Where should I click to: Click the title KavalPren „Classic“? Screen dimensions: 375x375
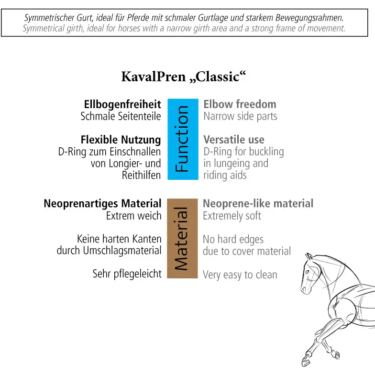184,77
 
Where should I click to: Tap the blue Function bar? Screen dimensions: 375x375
183,139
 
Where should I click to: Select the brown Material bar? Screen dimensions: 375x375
183,238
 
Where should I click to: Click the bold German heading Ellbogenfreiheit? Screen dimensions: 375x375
122,105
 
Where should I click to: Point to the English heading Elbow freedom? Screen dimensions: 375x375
240,104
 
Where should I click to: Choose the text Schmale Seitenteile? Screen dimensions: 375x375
121,117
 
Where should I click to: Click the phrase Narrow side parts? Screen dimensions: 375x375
240,117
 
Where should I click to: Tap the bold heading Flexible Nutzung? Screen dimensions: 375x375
121,140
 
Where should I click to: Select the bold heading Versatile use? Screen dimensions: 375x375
234,140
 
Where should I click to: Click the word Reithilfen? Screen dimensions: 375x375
142,175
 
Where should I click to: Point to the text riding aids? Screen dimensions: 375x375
225,175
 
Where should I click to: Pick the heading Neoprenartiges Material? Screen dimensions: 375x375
102,204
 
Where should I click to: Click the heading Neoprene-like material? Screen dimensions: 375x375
258,204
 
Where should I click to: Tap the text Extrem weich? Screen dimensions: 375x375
134,216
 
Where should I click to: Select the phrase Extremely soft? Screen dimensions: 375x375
232,216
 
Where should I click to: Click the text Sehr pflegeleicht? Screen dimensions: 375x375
127,274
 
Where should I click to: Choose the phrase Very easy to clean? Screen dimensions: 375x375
240,275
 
